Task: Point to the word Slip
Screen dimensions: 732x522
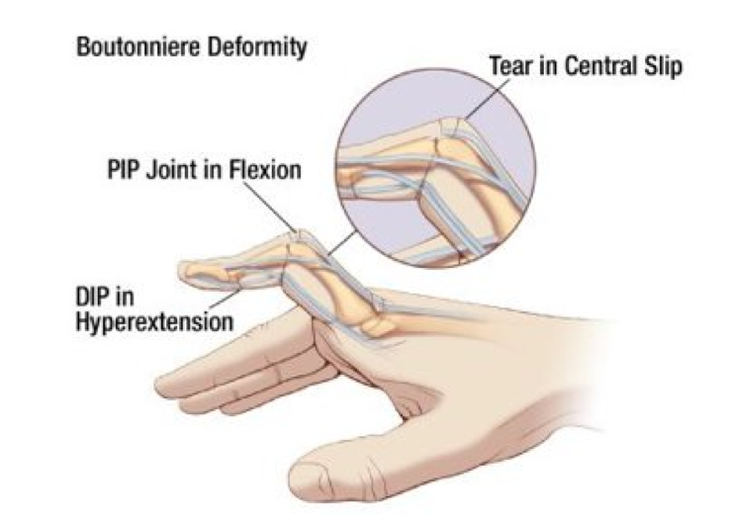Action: pos(652,67)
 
